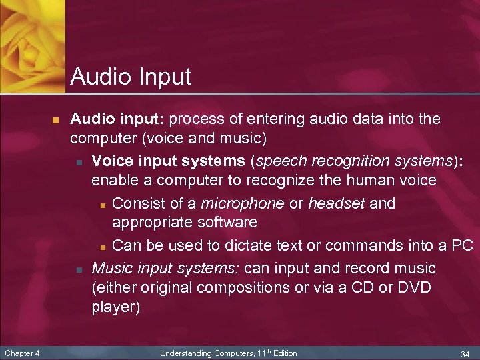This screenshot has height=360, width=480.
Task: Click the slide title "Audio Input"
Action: (x=131, y=77)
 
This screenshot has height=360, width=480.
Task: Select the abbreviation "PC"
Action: (x=461, y=245)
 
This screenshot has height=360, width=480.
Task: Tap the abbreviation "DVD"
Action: (x=413, y=289)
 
